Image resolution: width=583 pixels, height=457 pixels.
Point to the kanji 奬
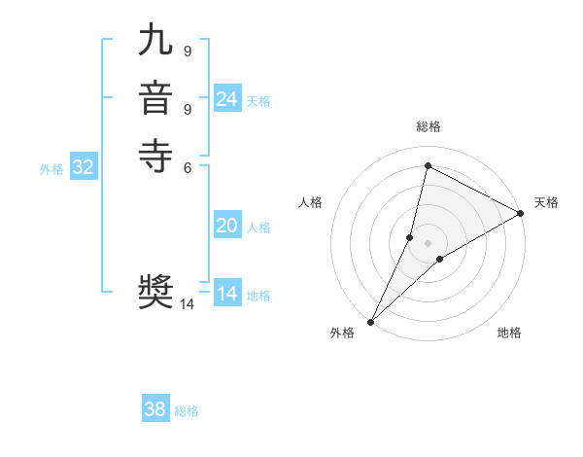[x=156, y=292]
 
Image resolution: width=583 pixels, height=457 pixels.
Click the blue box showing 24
[x=226, y=99]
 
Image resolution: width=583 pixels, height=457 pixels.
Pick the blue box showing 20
[x=226, y=226]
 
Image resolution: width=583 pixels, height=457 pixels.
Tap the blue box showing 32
[x=84, y=167]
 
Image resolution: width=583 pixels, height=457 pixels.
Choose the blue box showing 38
[x=155, y=409]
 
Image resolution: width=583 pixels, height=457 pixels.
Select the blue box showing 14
[x=226, y=294]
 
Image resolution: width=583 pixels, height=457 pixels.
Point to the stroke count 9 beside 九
[x=187, y=50]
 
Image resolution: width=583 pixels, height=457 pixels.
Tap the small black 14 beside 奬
[x=187, y=303]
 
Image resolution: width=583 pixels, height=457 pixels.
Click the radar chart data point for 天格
[x=521, y=214]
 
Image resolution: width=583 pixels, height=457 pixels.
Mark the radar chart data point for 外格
[x=371, y=321]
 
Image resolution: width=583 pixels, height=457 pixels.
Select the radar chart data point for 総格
[x=428, y=166]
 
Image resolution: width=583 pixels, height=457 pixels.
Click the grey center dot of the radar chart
[x=428, y=243]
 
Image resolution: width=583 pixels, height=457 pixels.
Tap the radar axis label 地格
[x=509, y=333]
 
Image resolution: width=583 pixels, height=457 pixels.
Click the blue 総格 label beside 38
[x=187, y=411]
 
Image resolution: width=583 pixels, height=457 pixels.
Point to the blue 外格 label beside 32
[x=51, y=169]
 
